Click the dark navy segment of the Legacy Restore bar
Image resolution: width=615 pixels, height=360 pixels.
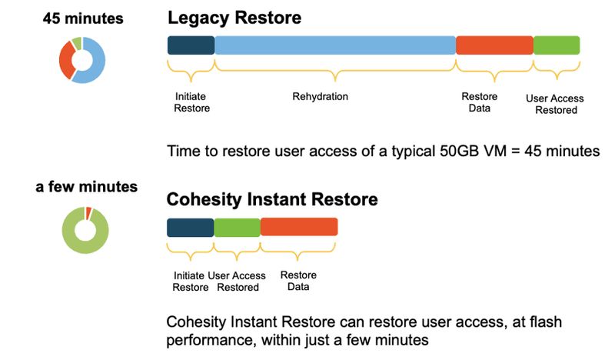pos(191,45)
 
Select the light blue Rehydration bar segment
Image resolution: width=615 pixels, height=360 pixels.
pos(335,45)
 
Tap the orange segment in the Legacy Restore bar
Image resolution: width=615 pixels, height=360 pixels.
pos(494,45)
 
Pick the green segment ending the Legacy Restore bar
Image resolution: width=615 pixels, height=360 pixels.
pos(557,45)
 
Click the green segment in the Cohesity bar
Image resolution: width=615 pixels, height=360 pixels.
pos(238,228)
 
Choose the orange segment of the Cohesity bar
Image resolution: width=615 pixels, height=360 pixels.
pos(299,227)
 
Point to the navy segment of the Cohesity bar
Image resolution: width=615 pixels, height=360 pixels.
pos(191,228)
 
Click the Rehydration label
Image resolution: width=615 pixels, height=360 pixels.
pos(320,97)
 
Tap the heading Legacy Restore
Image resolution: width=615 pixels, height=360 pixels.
pos(234,18)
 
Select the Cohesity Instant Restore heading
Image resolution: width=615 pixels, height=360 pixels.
pos(272,199)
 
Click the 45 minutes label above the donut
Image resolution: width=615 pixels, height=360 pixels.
pos(83,18)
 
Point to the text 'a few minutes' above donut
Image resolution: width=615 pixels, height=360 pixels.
pos(87,186)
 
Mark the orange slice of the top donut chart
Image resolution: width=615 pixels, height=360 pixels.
pos(66,60)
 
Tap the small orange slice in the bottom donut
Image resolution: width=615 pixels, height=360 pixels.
pos(88,212)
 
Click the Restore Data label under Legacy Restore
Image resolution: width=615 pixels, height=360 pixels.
pos(479,102)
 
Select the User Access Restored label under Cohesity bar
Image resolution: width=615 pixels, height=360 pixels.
pos(237,282)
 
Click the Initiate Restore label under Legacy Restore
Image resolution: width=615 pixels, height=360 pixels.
pos(191,102)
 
